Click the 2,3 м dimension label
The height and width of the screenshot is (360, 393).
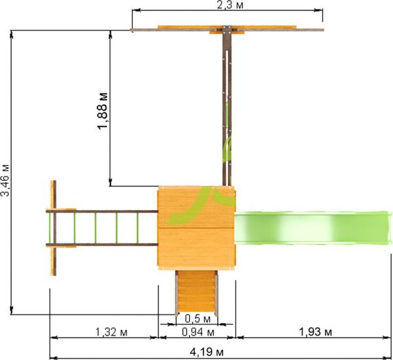[230, 5]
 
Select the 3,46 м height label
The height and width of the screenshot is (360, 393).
[5, 180]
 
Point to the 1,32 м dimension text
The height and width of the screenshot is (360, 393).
[111, 333]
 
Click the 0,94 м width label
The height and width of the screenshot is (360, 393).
[198, 333]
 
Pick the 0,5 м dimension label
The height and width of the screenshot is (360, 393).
[198, 319]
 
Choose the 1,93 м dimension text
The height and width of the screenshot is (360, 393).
[316, 333]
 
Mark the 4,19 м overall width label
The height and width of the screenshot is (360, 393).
[206, 353]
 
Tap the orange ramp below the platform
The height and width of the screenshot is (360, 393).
[196, 292]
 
